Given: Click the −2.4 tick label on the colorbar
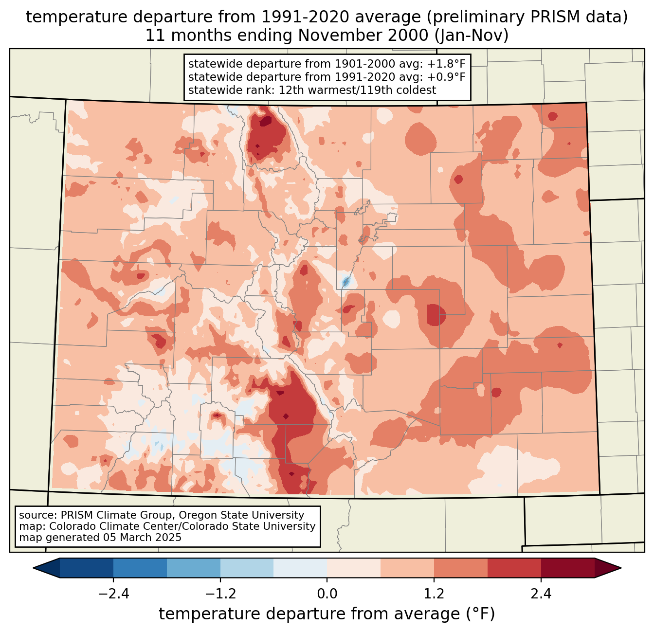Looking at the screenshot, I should coord(113,594).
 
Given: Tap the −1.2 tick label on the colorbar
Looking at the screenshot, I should coord(220,594).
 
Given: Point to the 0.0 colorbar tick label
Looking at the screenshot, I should coord(327,594).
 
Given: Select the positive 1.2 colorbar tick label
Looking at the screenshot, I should coord(434,594).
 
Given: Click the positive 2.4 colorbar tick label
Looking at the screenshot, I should coord(541,594).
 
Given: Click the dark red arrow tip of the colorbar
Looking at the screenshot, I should coord(608,568).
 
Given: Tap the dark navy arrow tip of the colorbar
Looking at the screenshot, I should coord(46,568).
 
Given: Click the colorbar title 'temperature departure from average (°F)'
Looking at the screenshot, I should coord(327,614).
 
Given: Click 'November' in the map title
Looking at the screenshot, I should coord(333,36).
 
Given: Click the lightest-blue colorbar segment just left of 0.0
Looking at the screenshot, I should coord(300,568).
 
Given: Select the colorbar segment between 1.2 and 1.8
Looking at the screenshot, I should coord(461,568).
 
